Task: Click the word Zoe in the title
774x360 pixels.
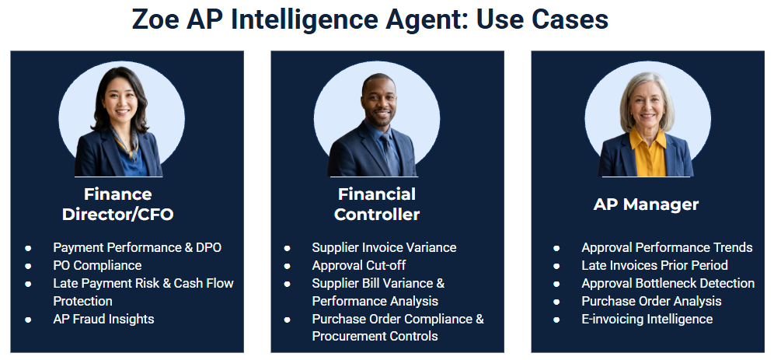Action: point(155,19)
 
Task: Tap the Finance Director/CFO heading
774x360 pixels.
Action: point(117,204)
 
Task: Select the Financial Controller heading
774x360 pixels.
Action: point(377,204)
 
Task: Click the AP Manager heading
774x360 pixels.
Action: point(646,204)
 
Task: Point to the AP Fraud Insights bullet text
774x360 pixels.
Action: point(103,319)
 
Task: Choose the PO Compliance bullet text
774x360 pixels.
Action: point(97,266)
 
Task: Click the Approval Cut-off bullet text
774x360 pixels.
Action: point(359,266)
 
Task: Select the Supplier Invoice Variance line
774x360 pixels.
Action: point(384,247)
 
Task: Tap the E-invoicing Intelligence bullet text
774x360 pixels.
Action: point(647,319)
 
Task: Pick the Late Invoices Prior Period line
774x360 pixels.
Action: point(654,265)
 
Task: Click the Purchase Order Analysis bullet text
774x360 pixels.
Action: point(651,301)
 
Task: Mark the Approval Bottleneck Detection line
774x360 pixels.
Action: point(668,284)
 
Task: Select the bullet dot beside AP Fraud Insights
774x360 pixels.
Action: point(28,320)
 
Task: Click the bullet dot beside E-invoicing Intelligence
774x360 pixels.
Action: point(556,320)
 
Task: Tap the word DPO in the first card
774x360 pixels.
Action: point(209,247)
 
